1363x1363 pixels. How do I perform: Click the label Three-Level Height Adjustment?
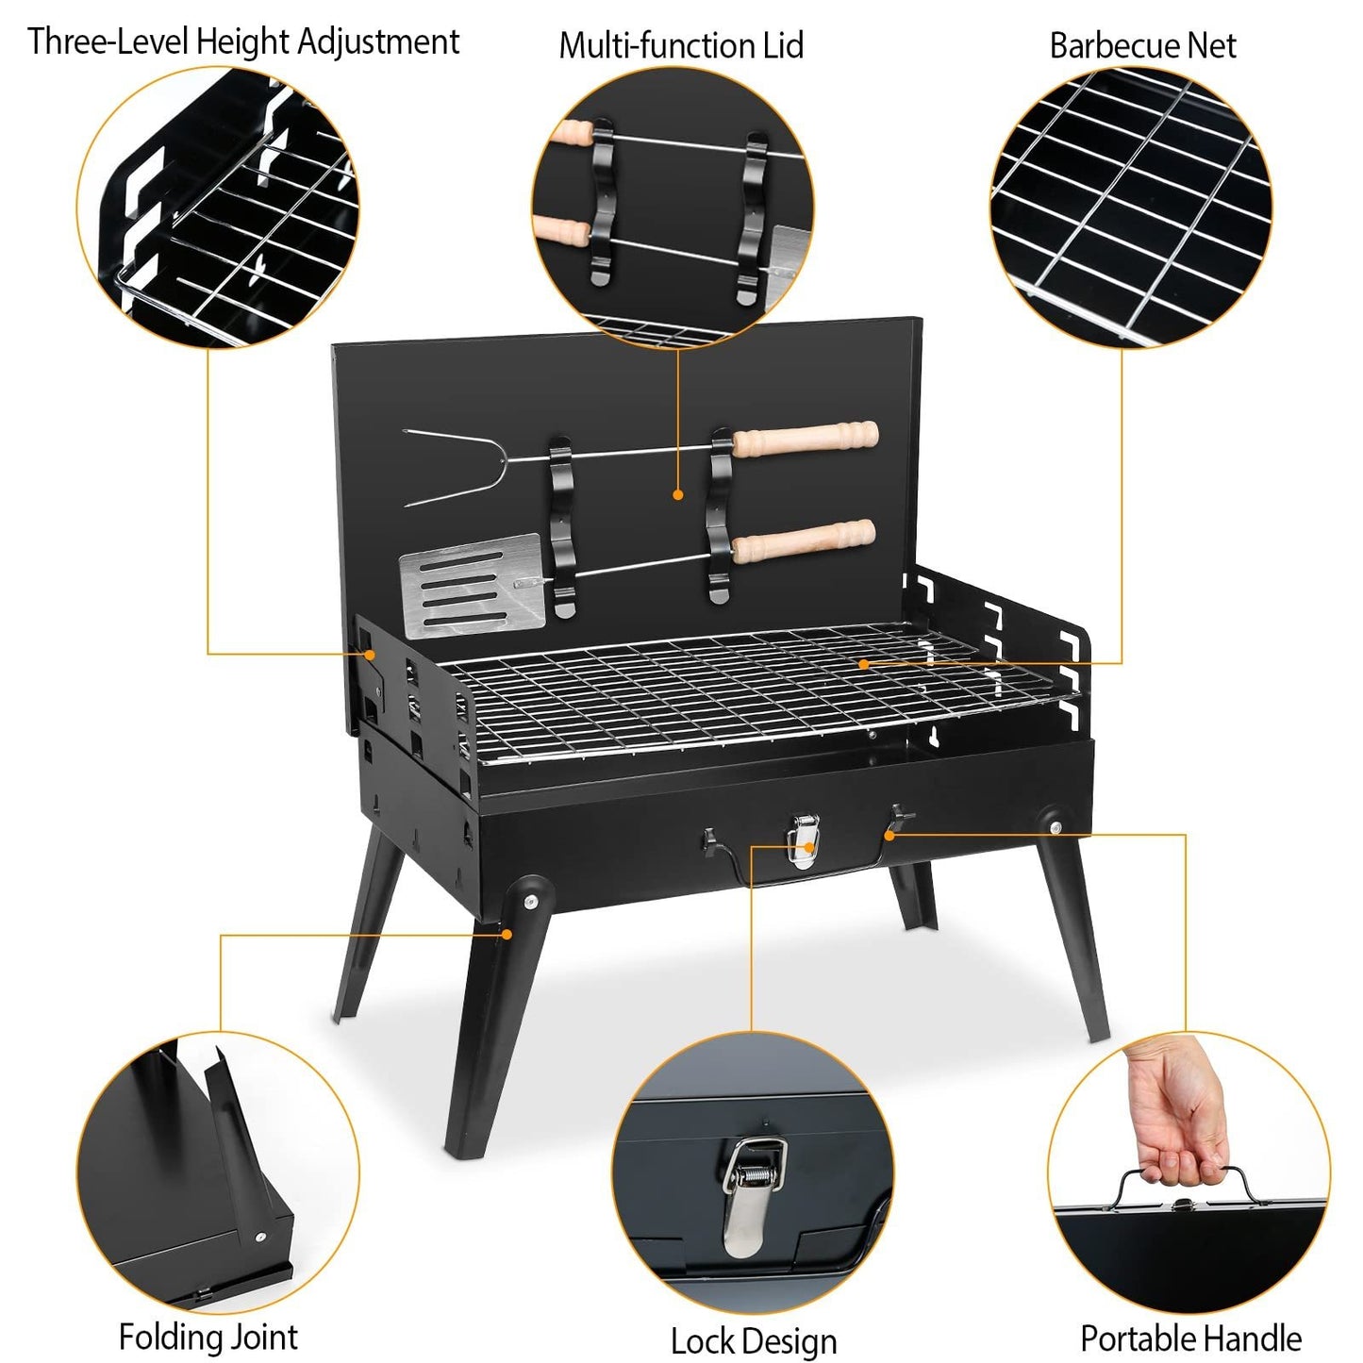243,42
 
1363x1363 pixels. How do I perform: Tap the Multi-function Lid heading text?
681,45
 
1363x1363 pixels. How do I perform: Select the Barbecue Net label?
1142,45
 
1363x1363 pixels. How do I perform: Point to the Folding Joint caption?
208,1338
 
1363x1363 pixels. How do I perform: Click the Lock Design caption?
753,1341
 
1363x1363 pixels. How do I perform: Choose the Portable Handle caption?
1190,1338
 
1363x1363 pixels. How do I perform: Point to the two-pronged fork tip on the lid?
443,467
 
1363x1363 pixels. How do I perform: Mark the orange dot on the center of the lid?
678,493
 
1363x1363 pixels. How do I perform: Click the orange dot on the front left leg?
507,934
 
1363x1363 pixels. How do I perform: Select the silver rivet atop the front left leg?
530,900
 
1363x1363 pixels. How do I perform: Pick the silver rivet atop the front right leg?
1055,827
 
